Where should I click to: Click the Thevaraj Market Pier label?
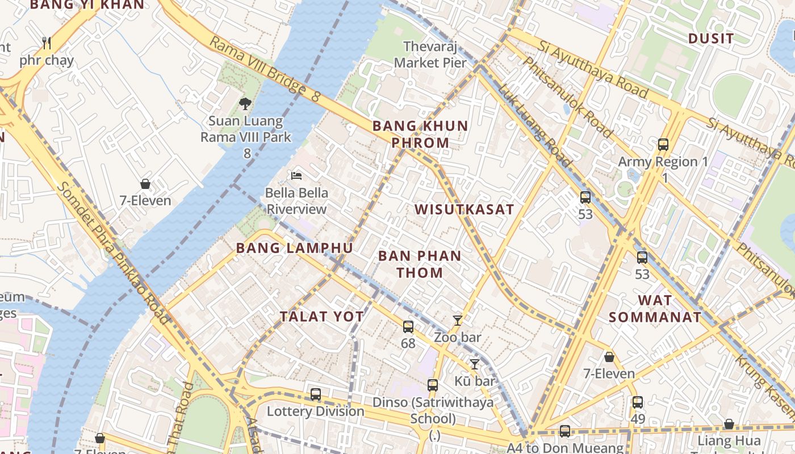(x=430, y=54)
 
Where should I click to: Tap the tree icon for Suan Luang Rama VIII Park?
(x=245, y=104)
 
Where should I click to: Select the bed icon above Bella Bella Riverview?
(x=296, y=176)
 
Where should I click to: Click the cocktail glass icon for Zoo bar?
(x=457, y=321)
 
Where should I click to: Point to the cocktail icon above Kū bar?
(x=475, y=364)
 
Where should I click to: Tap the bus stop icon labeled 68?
(x=408, y=327)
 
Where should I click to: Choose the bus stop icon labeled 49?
(x=638, y=402)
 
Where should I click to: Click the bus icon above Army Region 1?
(x=663, y=145)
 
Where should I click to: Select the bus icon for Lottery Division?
(x=315, y=394)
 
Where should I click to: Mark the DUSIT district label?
(x=711, y=39)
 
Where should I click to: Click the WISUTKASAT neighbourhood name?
(x=464, y=209)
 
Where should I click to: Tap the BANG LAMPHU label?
(x=294, y=248)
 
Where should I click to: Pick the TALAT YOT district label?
(x=321, y=317)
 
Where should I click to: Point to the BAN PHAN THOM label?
(x=420, y=264)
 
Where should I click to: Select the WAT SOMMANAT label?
(x=655, y=309)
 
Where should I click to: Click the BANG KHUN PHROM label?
(x=420, y=134)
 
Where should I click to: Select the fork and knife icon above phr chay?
(x=47, y=43)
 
